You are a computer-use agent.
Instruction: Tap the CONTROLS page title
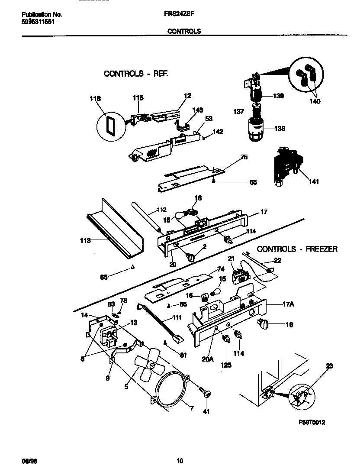pyautogui.click(x=184, y=31)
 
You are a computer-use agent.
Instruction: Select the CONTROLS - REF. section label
pyautogui.click(x=135, y=74)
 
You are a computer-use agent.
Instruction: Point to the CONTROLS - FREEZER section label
pyautogui.click(x=297, y=249)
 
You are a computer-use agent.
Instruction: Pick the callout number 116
pyautogui.click(x=95, y=99)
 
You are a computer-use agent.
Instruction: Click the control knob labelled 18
pyautogui.click(x=263, y=323)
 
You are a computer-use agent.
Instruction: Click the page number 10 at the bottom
pyautogui.click(x=180, y=460)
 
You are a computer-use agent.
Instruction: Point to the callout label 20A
pyautogui.click(x=208, y=359)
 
